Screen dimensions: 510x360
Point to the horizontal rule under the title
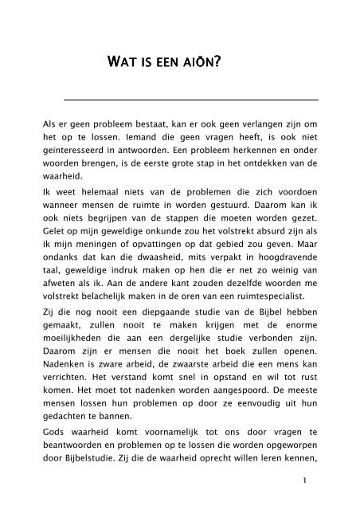tap(190, 100)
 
